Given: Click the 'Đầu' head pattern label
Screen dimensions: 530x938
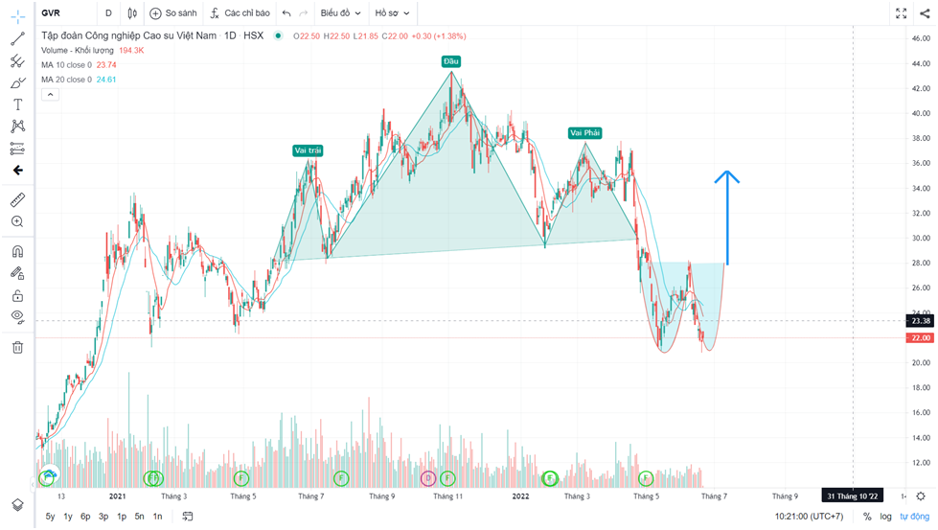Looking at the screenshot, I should click(x=451, y=61).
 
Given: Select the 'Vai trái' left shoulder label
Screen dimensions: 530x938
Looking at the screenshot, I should click(x=307, y=150).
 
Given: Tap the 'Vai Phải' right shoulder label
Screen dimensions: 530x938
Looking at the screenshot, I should click(x=583, y=133).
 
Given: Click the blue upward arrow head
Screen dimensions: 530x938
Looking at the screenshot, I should click(x=727, y=178).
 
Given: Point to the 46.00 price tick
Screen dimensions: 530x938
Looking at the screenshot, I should click(x=919, y=38).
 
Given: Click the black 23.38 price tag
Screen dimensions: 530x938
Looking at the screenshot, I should click(x=919, y=321).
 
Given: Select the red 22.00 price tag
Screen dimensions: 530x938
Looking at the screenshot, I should click(x=919, y=338).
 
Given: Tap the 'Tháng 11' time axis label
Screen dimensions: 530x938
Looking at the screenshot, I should click(x=447, y=496).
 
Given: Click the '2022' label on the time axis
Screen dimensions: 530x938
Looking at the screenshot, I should click(x=520, y=496).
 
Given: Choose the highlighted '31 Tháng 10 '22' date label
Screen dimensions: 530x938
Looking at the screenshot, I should click(x=853, y=496).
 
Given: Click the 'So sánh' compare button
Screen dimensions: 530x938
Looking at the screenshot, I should click(x=172, y=13).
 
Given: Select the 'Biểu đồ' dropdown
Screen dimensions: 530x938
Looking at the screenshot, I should click(x=340, y=13).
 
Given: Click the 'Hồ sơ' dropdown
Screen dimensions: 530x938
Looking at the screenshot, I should click(x=392, y=13).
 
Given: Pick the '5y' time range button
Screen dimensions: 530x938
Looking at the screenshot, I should click(x=50, y=517).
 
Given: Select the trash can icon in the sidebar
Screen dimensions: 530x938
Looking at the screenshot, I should click(x=17, y=347).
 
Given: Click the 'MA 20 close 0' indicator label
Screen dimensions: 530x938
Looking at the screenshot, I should click(x=66, y=80).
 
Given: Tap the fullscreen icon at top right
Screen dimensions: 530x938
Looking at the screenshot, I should click(x=901, y=13).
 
